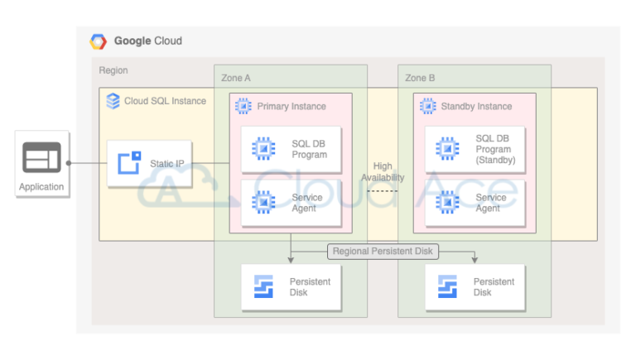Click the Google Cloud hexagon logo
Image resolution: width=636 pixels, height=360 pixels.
[x=99, y=41]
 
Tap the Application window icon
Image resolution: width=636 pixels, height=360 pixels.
[x=41, y=156]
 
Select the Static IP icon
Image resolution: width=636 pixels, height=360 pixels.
[x=129, y=163]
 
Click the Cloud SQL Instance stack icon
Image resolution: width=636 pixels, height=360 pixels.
[x=113, y=101]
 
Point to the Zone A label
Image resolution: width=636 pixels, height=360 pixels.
[x=236, y=78]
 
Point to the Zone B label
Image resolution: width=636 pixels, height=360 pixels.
[x=420, y=78]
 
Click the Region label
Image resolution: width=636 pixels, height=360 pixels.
[x=113, y=71]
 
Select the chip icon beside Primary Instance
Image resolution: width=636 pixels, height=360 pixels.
[x=244, y=106]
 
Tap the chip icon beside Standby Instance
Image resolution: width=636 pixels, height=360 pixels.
[x=428, y=106]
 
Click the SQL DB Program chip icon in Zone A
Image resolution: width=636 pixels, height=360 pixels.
[x=263, y=149]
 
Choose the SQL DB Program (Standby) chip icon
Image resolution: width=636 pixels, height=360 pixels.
[x=447, y=149]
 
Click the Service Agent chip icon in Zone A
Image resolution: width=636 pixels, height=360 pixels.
[x=263, y=203]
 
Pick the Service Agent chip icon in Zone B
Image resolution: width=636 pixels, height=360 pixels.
[x=447, y=203]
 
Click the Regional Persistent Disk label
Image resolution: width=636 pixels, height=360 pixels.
[x=382, y=251]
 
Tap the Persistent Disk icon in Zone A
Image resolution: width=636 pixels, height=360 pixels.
[x=263, y=287]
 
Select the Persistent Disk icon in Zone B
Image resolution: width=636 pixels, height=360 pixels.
[x=447, y=287]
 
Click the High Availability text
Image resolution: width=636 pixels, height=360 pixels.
[x=383, y=172]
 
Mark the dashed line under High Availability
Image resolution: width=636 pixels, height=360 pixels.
[x=383, y=191]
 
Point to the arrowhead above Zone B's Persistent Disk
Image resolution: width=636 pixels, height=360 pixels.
[x=475, y=260]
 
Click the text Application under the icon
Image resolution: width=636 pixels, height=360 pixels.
[x=41, y=187]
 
